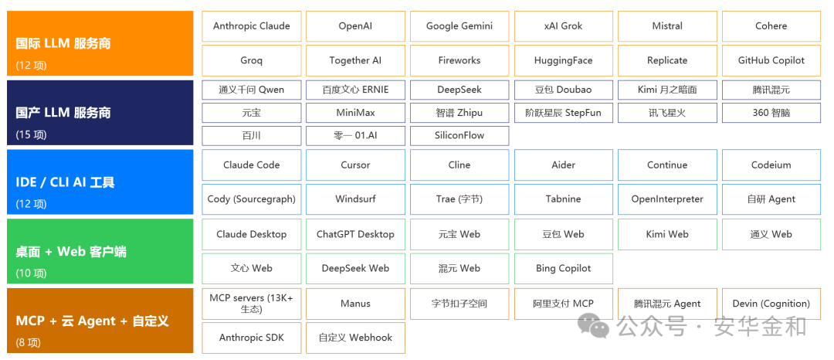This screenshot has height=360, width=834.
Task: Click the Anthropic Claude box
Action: pyautogui.click(x=252, y=26)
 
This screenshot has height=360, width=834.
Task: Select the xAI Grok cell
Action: pyautogui.click(x=563, y=26)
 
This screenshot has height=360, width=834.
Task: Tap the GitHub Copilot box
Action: pyautogui.click(x=771, y=60)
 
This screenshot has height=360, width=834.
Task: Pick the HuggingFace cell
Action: pyautogui.click(x=563, y=60)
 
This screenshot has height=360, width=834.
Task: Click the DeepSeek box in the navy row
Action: pyautogui.click(x=459, y=90)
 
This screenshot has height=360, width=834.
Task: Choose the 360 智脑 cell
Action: pyautogui.click(x=771, y=113)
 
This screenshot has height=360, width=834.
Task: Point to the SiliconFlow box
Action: pyautogui.click(x=459, y=136)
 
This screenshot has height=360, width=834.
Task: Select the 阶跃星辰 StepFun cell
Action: pyautogui.click(x=563, y=113)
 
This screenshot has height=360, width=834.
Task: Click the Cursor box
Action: pyautogui.click(x=355, y=165)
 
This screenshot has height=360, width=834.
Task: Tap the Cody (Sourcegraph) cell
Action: pyautogui.click(x=252, y=199)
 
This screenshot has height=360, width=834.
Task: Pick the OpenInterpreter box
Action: pyautogui.click(x=667, y=199)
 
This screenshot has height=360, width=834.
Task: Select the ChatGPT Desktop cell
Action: pyautogui.click(x=355, y=235)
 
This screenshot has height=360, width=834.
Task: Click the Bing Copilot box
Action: pyautogui.click(x=563, y=269)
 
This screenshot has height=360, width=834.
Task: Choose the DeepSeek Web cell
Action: pyautogui.click(x=355, y=269)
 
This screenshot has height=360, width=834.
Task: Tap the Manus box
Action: pyautogui.click(x=355, y=304)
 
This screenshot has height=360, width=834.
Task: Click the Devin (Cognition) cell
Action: pyautogui.click(x=771, y=304)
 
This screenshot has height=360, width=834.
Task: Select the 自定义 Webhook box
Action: pyautogui.click(x=355, y=338)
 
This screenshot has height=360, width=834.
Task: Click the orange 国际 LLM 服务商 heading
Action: pyautogui.click(x=63, y=43)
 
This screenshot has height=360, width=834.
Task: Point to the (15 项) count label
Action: pyautogui.click(x=31, y=135)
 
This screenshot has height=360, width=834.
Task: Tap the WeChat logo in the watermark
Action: pyautogui.click(x=594, y=325)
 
